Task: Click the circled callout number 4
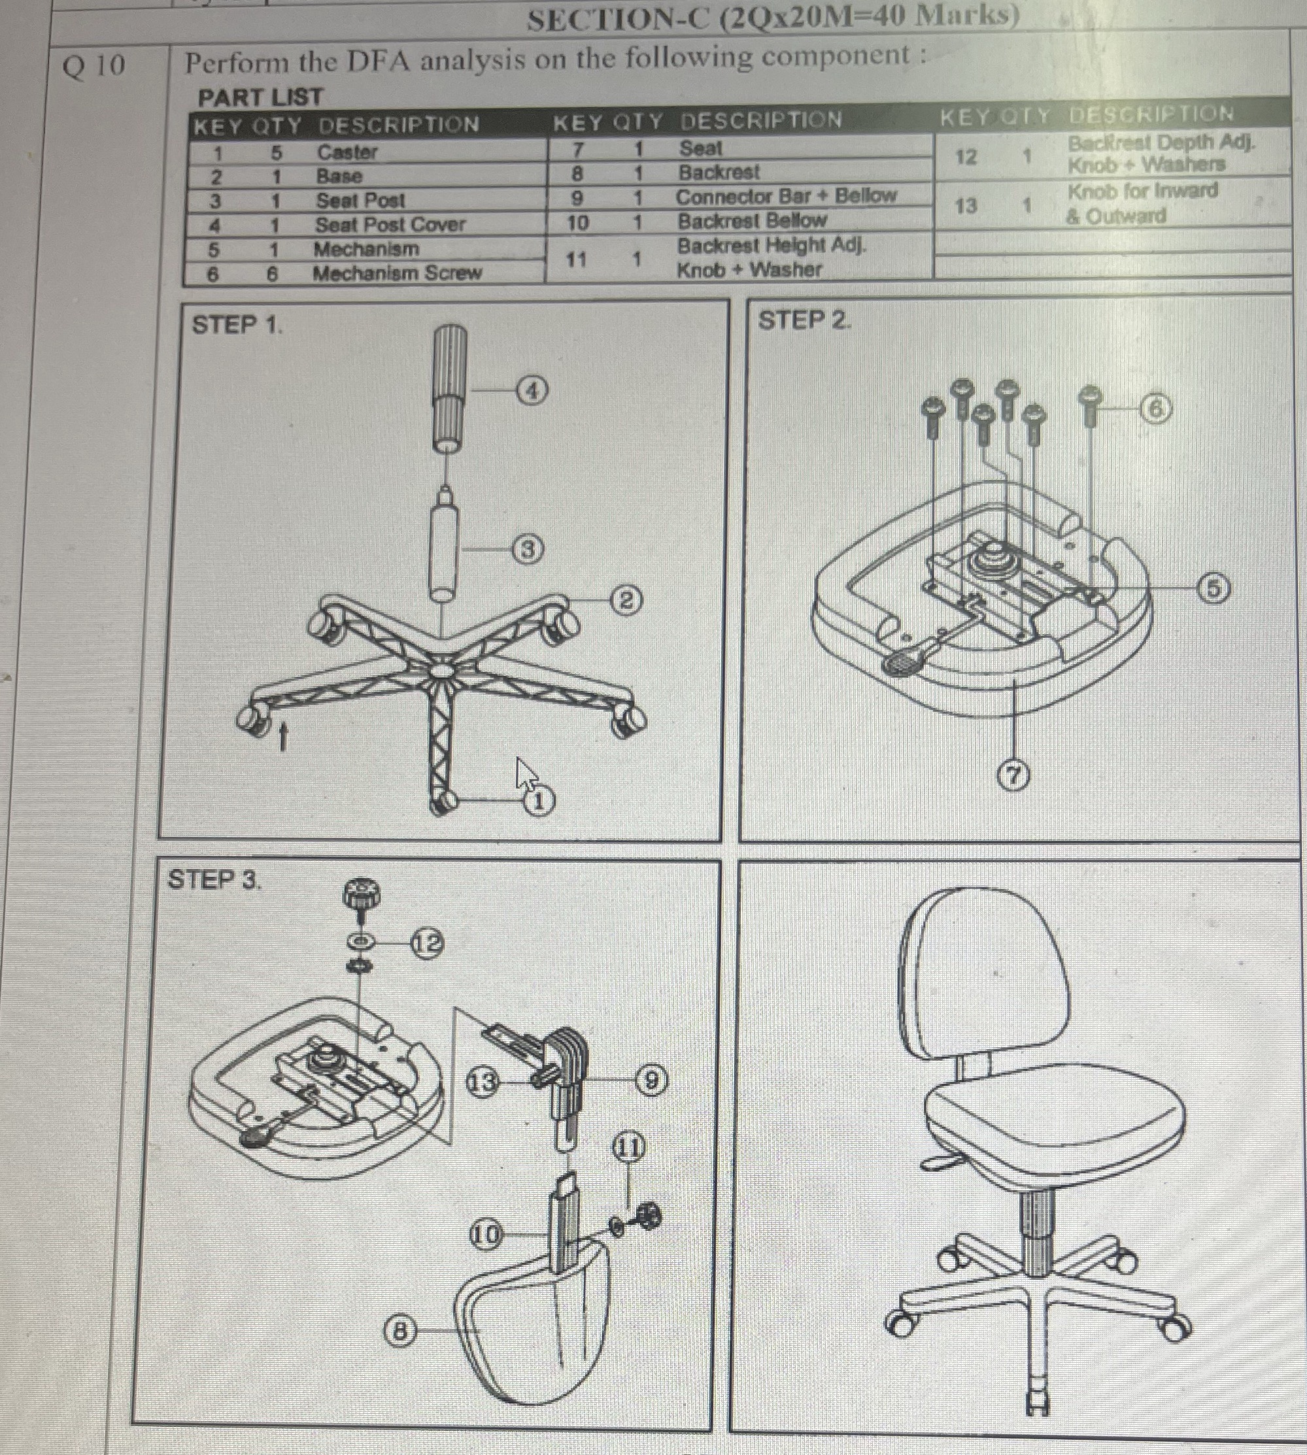click(x=532, y=392)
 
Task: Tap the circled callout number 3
click(x=528, y=550)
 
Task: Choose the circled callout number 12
click(x=426, y=943)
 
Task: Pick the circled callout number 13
click(x=483, y=1082)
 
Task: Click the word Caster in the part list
click(x=347, y=152)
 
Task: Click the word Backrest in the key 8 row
click(x=719, y=173)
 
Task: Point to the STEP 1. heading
click(x=237, y=325)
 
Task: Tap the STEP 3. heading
click(x=214, y=879)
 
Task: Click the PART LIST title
click(x=261, y=97)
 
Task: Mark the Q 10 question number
click(x=93, y=66)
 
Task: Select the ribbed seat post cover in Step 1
click(x=450, y=388)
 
